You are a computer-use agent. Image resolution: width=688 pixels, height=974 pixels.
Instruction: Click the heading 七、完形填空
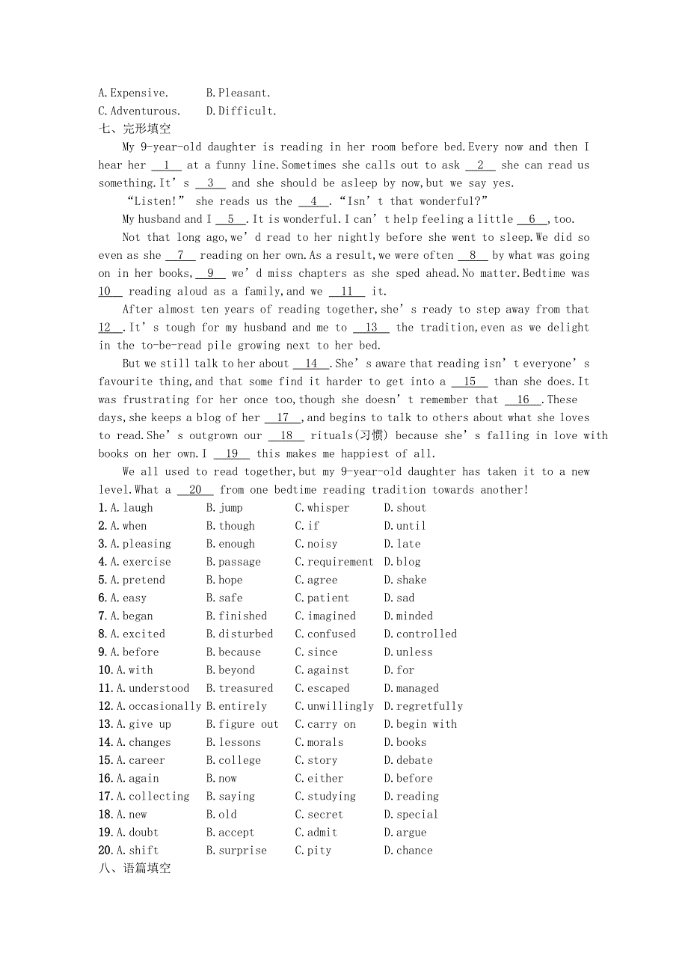[135, 129]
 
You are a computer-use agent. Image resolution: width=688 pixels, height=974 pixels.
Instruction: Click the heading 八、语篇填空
[135, 869]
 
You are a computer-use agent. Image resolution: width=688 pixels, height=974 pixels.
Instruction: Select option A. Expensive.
[134, 93]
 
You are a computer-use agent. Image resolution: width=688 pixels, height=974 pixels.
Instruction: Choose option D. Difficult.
[241, 111]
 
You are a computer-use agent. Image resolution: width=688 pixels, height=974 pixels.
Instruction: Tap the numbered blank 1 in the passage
[167, 165]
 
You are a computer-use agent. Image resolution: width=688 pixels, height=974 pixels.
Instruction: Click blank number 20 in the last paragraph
[196, 490]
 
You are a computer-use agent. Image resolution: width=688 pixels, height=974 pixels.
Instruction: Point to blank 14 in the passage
[311, 364]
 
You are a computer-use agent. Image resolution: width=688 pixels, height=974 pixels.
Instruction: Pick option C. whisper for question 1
[322, 508]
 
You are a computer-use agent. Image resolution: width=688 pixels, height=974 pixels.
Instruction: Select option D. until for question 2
[405, 526]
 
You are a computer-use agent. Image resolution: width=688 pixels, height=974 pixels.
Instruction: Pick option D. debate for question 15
[408, 760]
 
